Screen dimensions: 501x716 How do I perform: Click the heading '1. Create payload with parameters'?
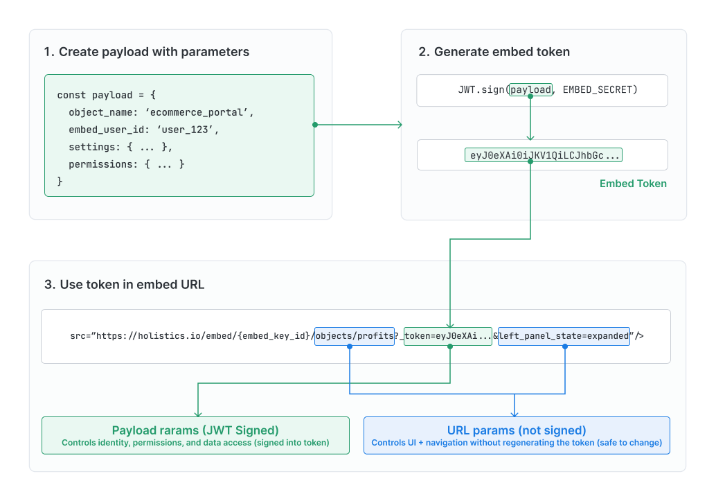pos(146,52)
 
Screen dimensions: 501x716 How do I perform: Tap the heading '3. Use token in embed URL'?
pos(124,284)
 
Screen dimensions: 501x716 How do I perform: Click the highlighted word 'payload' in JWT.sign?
pos(530,90)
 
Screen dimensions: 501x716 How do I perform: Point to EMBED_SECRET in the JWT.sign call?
pos(600,90)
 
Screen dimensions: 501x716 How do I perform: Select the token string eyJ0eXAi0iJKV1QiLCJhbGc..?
pos(543,155)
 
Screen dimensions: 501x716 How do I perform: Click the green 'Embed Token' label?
pos(633,184)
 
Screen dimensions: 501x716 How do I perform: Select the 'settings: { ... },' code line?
pos(120,147)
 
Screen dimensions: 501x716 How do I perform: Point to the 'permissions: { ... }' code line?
pos(126,164)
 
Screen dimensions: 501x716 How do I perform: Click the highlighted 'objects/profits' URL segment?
pos(355,336)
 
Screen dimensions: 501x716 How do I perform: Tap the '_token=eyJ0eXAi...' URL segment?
pos(448,336)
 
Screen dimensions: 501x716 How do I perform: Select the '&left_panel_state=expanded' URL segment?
pos(564,336)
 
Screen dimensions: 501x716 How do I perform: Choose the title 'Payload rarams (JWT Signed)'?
pos(195,430)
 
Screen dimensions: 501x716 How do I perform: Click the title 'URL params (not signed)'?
pos(517,430)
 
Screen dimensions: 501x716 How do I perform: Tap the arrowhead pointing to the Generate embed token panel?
pos(400,125)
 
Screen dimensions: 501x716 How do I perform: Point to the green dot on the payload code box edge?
pos(314,125)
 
